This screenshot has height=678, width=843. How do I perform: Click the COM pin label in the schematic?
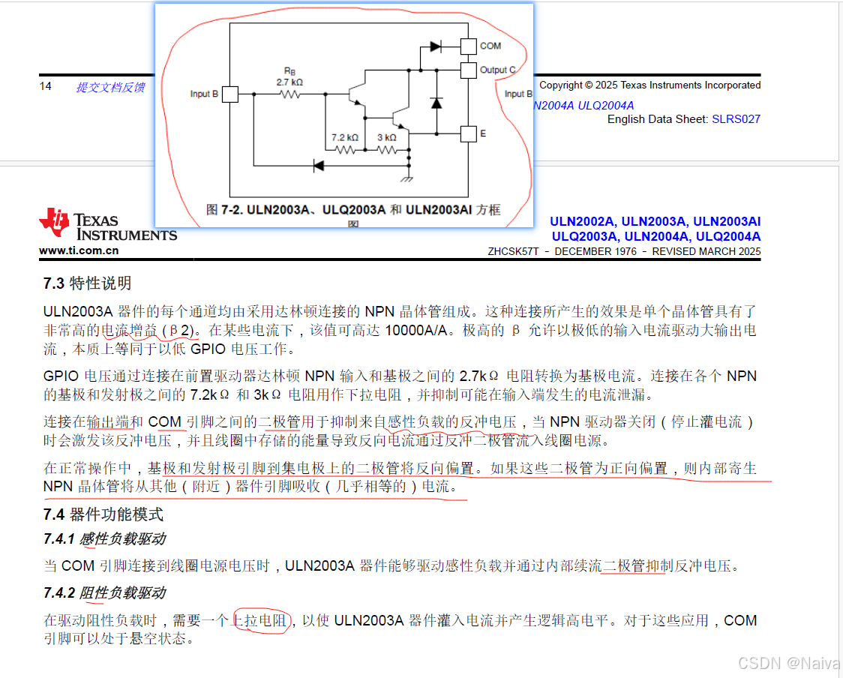(490, 46)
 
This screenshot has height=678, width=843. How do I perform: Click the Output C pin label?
(498, 70)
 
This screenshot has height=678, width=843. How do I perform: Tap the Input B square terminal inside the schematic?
(231, 94)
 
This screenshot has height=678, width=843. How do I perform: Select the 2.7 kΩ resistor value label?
(289, 82)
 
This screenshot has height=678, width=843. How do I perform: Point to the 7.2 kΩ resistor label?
(345, 138)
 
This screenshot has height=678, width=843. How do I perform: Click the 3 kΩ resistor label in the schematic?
(387, 138)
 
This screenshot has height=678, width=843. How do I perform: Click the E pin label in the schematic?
(483, 133)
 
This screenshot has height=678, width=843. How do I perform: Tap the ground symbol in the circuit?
(408, 178)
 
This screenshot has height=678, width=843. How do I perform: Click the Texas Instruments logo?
(108, 226)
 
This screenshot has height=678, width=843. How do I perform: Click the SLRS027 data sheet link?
(736, 118)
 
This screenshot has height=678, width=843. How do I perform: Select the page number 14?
(46, 86)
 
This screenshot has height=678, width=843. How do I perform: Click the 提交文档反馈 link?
(110, 87)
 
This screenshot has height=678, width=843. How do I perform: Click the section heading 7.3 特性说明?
(87, 283)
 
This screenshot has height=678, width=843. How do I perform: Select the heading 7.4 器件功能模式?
(103, 514)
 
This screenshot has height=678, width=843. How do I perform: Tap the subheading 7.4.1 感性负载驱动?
(104, 538)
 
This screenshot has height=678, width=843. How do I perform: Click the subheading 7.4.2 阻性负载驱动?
(104, 593)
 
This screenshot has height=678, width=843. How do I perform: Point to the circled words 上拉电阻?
(260, 620)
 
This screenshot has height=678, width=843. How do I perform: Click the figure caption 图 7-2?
(352, 211)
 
